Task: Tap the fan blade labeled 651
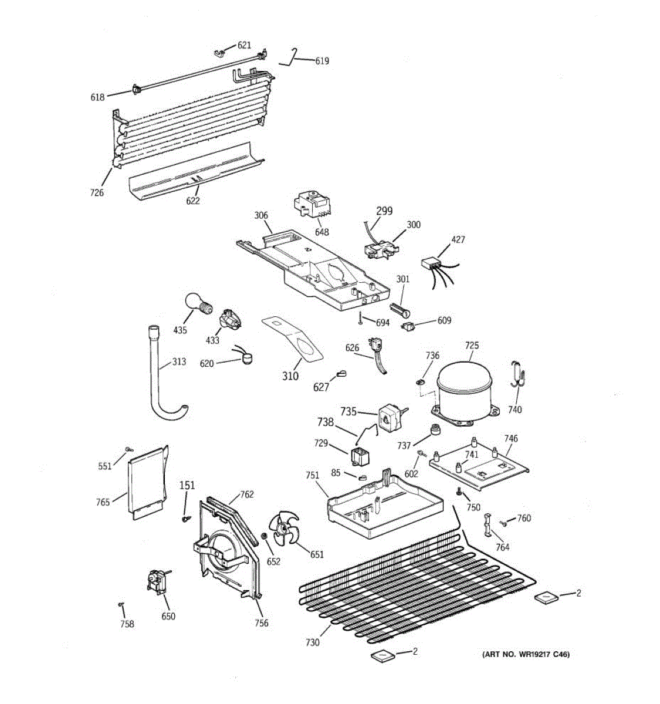pyautogui.click(x=283, y=530)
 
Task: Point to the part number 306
pyautogui.click(x=261, y=216)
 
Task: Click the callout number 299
pyautogui.click(x=384, y=211)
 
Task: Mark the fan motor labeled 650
pyautogui.click(x=156, y=583)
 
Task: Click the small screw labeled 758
pyautogui.click(x=120, y=604)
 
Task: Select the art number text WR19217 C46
pyautogui.click(x=526, y=654)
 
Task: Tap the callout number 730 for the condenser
pyautogui.click(x=312, y=642)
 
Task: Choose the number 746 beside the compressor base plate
pyautogui.click(x=510, y=438)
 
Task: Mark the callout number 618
pyautogui.click(x=97, y=97)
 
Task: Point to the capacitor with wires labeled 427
pyautogui.click(x=432, y=265)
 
